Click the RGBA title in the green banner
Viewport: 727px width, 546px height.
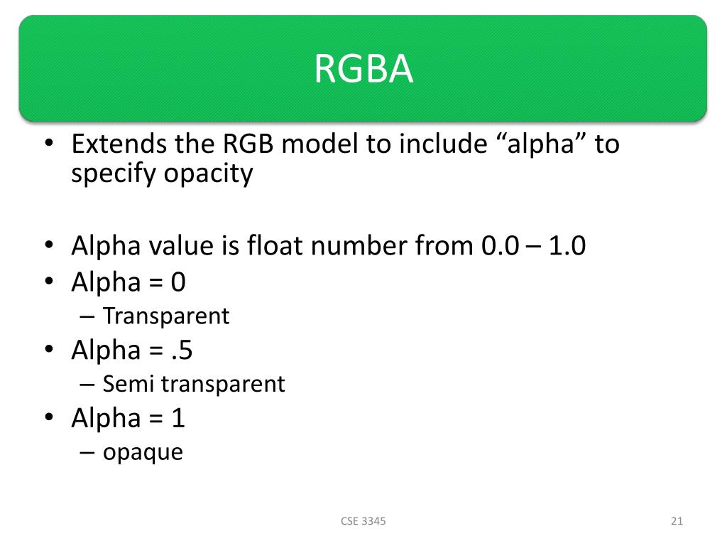(363, 70)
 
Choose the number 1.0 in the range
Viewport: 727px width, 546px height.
(566, 246)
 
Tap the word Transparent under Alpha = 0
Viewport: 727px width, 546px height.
(166, 316)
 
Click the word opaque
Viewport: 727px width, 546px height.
(143, 453)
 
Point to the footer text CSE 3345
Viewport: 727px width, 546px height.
(363, 521)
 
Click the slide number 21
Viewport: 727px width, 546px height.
(677, 521)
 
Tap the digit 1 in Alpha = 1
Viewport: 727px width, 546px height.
(178, 418)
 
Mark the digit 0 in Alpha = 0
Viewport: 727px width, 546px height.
(177, 282)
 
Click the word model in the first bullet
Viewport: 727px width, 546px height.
(323, 144)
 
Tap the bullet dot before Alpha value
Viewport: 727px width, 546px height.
(49, 246)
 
